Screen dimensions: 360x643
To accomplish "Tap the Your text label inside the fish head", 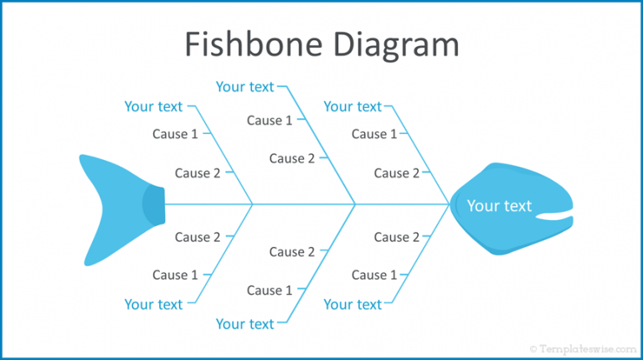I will point(499,206).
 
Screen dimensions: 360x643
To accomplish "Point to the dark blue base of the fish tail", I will point(153,204).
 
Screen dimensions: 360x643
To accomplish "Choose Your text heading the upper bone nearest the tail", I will point(153,106).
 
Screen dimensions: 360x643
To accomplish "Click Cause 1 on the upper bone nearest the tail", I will point(175,133).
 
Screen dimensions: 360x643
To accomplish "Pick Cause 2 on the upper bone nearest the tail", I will point(198,173).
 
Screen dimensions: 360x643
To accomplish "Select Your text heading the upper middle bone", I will point(244,86).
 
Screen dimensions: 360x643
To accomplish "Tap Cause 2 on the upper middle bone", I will point(292,158).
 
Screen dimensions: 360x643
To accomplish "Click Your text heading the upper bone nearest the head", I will point(352,106).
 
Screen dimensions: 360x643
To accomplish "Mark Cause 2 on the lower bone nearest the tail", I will point(198,237).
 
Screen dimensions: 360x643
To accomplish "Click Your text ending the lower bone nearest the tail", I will point(153,304).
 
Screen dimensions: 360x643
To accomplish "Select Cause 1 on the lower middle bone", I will point(270,291).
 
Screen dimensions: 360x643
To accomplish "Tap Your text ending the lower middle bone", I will point(244,323).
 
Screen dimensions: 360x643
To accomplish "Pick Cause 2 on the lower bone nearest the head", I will point(397,237).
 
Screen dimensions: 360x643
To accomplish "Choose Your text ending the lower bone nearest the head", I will point(352,304).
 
